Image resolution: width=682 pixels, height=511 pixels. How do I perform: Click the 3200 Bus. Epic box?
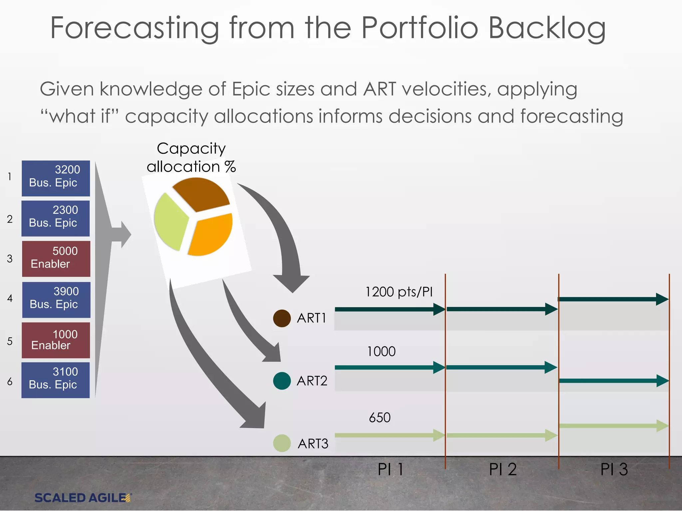click(x=56, y=178)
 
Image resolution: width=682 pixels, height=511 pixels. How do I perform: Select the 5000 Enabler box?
click(x=56, y=258)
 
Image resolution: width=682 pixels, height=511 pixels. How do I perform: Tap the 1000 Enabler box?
click(x=56, y=340)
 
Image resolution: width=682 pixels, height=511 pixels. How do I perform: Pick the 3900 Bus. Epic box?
click(x=56, y=299)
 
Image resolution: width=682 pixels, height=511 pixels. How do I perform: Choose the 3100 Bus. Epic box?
click(x=55, y=380)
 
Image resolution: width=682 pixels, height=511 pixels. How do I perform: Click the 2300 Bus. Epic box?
click(x=55, y=218)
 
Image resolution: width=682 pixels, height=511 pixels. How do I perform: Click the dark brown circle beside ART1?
click(x=282, y=318)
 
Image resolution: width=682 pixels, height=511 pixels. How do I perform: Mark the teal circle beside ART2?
click(x=282, y=381)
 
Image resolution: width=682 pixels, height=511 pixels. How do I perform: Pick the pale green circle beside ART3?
click(x=282, y=443)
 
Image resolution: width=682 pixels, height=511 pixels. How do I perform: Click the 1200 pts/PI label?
click(x=399, y=292)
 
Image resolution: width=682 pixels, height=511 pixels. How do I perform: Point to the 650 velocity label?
click(x=380, y=418)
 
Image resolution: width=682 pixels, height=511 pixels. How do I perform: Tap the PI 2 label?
click(x=503, y=469)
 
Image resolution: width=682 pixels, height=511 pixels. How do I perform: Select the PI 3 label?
click(x=614, y=469)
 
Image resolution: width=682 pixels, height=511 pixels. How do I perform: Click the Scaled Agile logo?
click(x=83, y=498)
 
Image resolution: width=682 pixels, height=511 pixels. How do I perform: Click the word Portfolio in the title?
click(x=420, y=28)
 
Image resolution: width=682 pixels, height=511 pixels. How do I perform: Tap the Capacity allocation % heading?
click(x=191, y=157)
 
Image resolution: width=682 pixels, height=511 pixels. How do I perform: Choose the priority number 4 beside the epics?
click(x=10, y=298)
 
